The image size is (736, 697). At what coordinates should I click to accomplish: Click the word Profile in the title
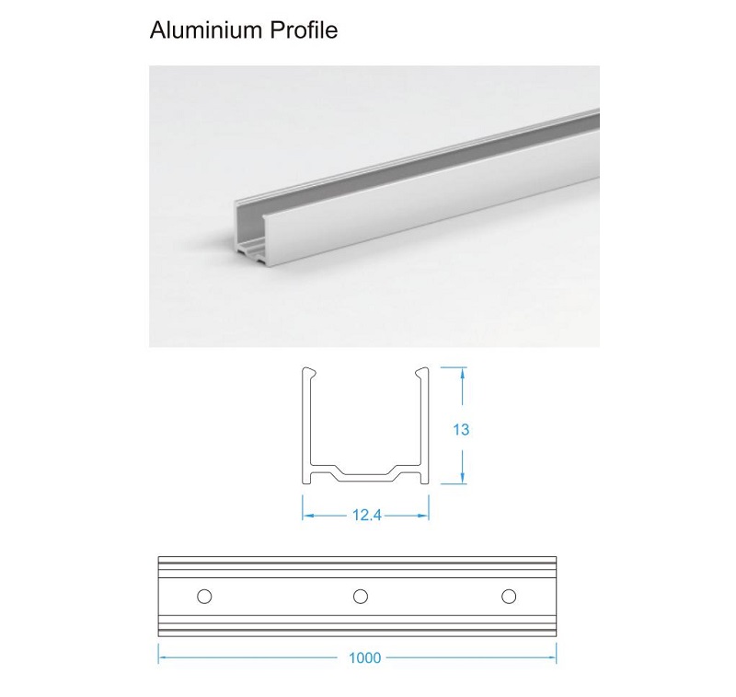coord(304,30)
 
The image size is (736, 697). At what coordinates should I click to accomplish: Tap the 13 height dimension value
coord(462,429)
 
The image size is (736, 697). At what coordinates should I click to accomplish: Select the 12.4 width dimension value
coord(365,516)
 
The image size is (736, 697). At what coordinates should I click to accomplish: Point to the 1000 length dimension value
coord(365,658)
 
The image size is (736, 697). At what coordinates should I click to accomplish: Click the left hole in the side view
coord(205,596)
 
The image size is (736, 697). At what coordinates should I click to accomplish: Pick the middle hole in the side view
coord(360,596)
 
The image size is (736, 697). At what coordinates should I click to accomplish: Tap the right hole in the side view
coord(509,596)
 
